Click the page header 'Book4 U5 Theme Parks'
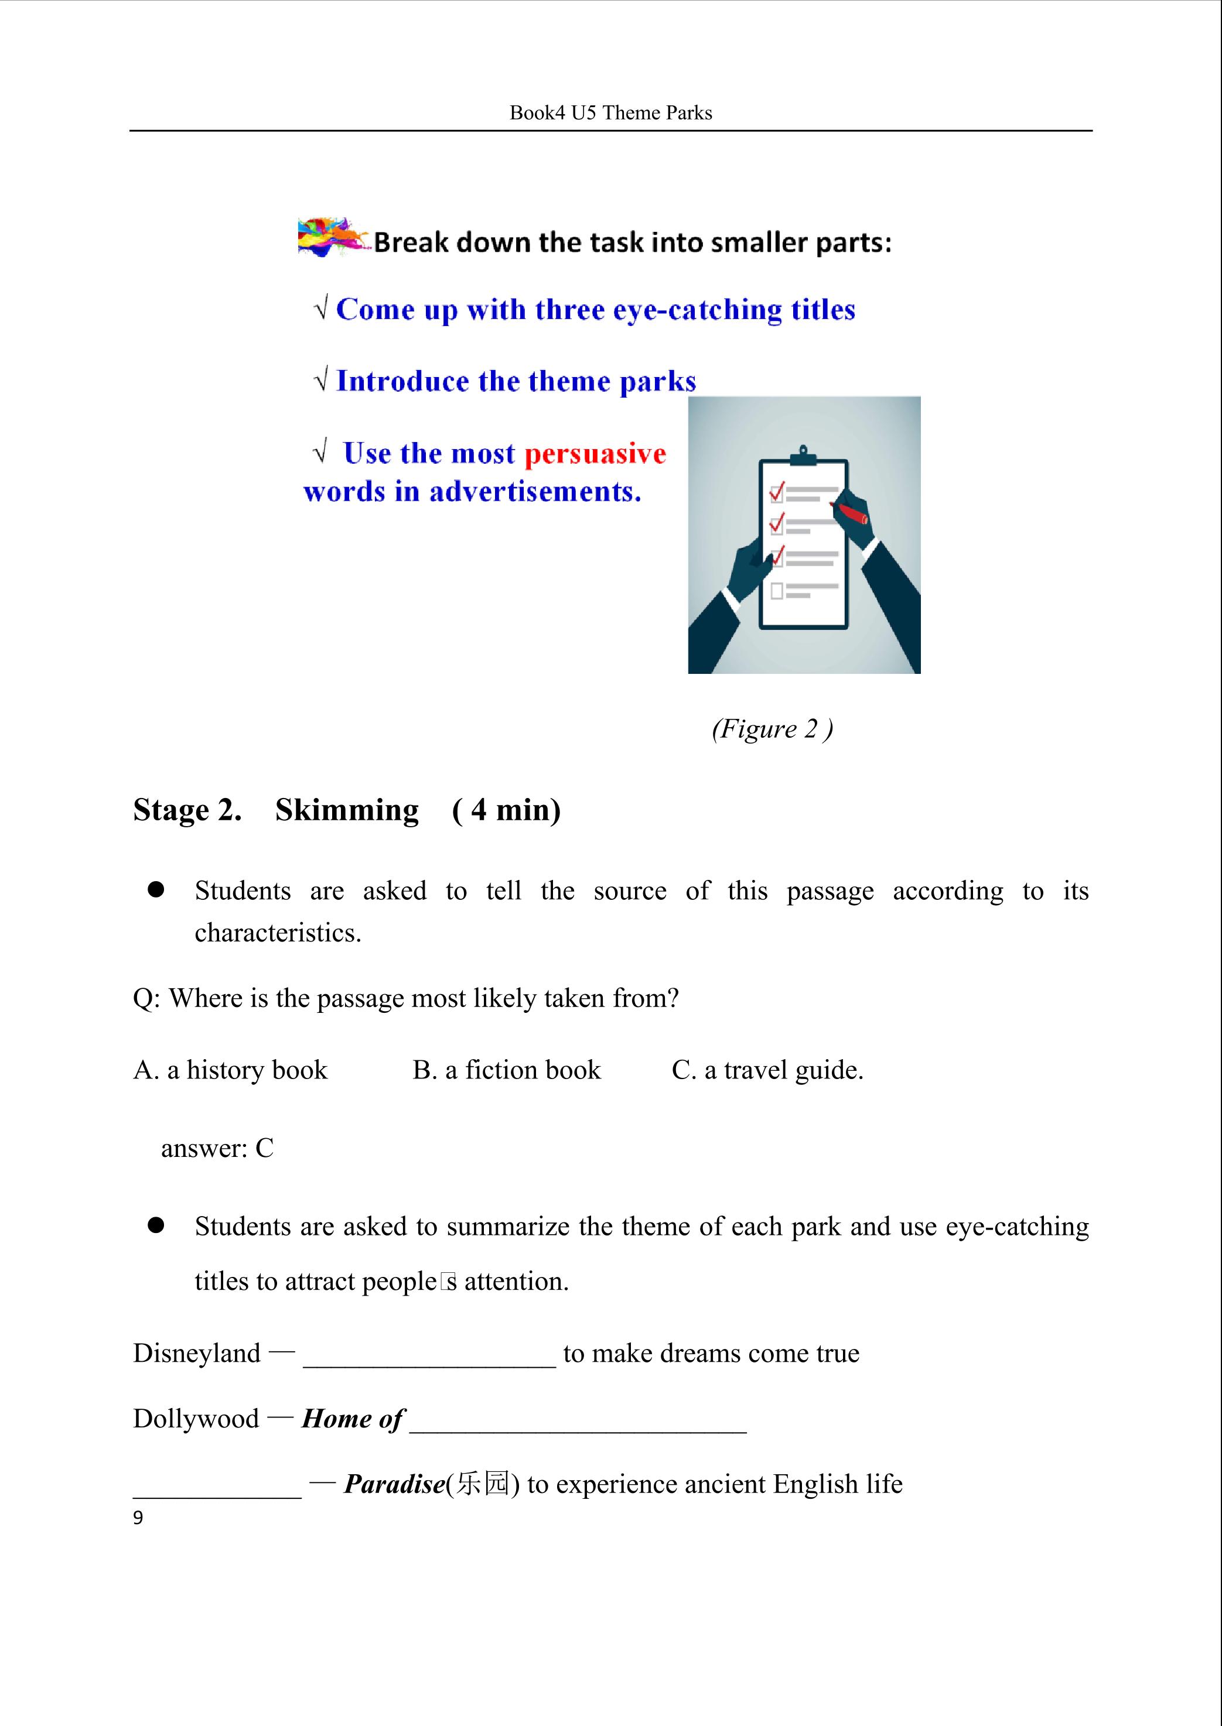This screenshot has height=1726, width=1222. pos(610,113)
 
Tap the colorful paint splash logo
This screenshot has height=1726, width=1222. pos(334,237)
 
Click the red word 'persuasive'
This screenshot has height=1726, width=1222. pos(595,454)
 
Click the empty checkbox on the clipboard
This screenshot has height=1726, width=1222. pos(777,591)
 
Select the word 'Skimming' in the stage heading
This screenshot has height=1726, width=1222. pos(347,810)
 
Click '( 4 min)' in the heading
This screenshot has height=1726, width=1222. pos(506,810)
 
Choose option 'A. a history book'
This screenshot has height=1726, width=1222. pos(230,1070)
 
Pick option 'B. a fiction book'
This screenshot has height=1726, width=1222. pos(506,1070)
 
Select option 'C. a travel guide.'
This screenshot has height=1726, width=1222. pos(767,1070)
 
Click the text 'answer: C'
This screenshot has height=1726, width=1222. pos(217,1148)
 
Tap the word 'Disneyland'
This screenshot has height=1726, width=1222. pos(196,1353)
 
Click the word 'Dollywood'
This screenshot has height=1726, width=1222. pos(196,1419)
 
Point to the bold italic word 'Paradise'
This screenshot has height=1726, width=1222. pos(394,1484)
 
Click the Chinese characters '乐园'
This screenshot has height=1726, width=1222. pos(482,1484)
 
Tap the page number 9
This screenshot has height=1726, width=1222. pos(138,1518)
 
